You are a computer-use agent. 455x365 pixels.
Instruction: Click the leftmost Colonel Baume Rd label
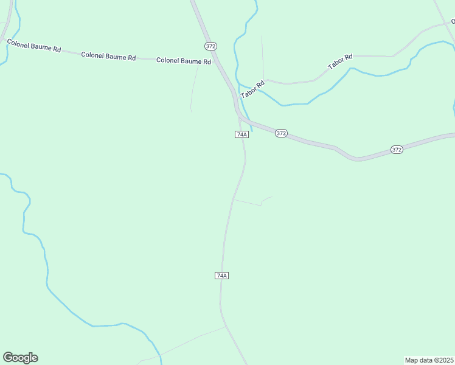33,46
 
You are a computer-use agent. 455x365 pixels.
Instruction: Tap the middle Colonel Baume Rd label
108,56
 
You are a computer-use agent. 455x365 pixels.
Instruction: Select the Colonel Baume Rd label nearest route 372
184,61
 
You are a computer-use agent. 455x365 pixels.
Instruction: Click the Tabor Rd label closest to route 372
252,90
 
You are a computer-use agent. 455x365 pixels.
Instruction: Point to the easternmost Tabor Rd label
340,61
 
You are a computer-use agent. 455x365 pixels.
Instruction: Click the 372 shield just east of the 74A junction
280,133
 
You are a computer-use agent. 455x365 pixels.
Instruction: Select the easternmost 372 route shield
397,149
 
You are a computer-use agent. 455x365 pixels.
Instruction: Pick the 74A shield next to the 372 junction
241,134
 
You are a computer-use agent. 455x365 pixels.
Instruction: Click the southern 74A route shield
222,276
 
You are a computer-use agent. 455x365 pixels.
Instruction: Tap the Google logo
20,358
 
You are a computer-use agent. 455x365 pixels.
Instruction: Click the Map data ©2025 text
429,360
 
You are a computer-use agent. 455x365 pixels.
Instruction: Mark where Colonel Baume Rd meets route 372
215,61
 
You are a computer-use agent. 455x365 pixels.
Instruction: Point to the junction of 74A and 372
241,118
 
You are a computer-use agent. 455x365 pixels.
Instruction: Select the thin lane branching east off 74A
249,202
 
